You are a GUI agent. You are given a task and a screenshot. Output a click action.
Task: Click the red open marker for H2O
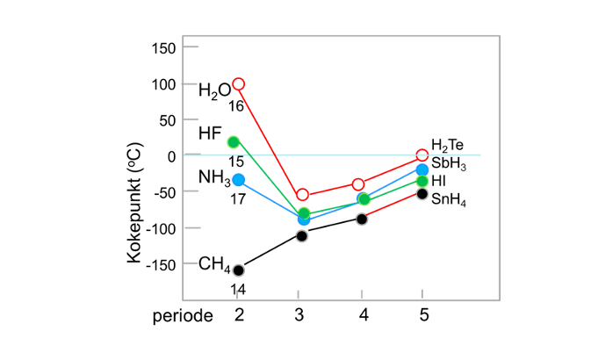click(x=238, y=84)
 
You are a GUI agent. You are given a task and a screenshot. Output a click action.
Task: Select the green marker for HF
click(x=234, y=142)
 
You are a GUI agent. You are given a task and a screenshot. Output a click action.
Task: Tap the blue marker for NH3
click(x=238, y=180)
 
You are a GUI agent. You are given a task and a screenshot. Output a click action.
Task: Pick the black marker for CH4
click(x=238, y=270)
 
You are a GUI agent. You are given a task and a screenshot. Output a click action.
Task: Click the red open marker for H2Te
click(x=422, y=155)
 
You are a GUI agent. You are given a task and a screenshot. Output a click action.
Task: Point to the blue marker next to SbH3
click(x=422, y=169)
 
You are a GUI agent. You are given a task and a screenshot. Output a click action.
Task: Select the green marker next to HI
click(x=422, y=181)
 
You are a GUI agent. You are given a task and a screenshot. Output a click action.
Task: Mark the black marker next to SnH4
click(x=422, y=194)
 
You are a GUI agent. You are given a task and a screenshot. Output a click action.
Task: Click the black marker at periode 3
click(x=302, y=235)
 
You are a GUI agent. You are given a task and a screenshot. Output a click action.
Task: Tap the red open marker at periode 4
click(x=358, y=184)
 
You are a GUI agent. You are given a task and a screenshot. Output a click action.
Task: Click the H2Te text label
click(x=447, y=146)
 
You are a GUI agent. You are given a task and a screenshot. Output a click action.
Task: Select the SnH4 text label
click(x=449, y=201)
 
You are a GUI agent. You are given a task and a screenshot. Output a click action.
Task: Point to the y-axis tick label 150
click(x=164, y=47)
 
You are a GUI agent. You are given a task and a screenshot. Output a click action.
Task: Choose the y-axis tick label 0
click(x=172, y=155)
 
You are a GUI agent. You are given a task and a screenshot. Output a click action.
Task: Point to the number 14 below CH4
click(x=238, y=289)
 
